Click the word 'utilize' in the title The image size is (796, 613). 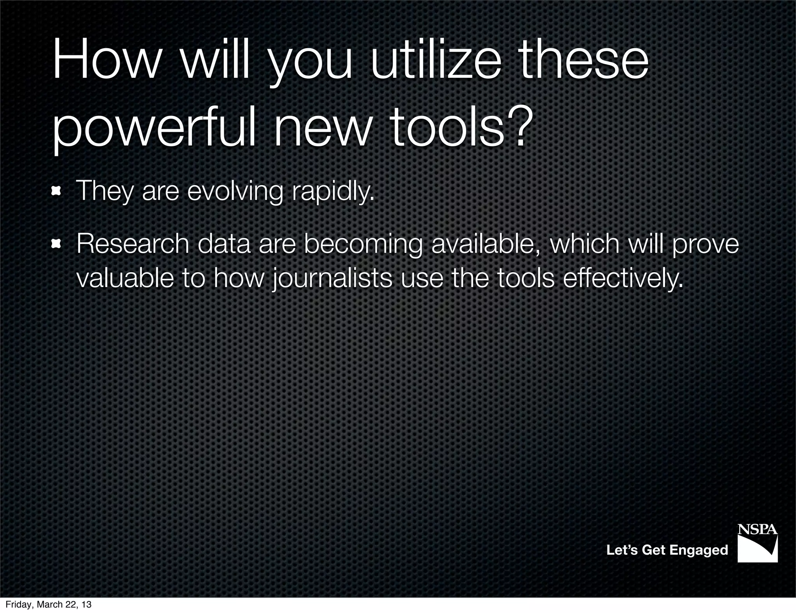(x=436, y=62)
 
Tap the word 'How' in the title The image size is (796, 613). (x=105, y=62)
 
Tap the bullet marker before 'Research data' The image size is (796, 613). (x=57, y=244)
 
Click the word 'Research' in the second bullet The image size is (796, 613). (x=133, y=244)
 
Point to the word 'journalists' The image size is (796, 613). (x=332, y=279)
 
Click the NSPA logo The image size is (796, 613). (x=758, y=543)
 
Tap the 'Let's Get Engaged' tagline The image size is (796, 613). (x=667, y=550)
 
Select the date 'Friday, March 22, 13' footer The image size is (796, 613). (x=49, y=604)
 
